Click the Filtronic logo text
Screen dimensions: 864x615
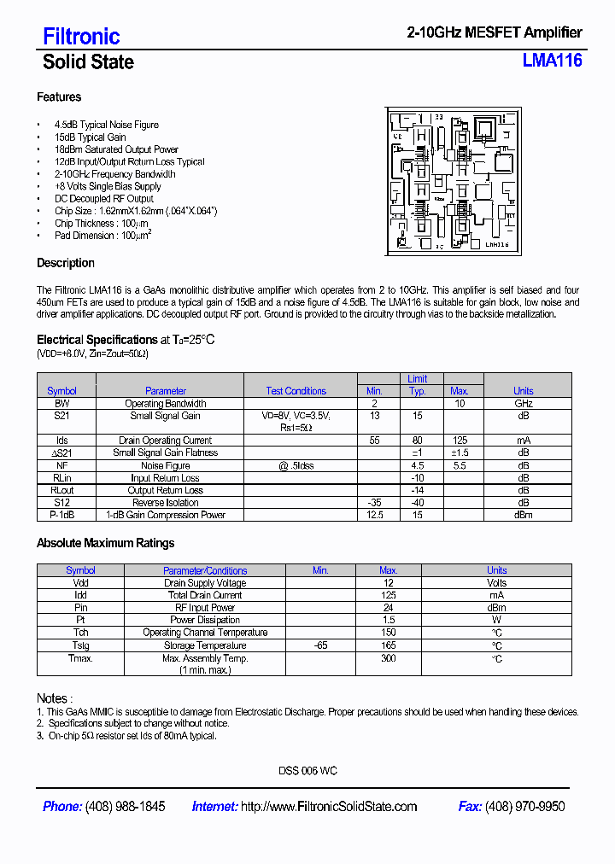tap(81, 36)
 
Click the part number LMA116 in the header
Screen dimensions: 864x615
tap(552, 61)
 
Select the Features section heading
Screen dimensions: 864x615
tap(59, 97)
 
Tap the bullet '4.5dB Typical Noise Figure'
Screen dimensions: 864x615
tap(106, 125)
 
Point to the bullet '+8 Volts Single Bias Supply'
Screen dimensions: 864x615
tap(108, 186)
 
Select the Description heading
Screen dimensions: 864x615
tap(66, 263)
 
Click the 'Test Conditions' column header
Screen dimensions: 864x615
tap(296, 391)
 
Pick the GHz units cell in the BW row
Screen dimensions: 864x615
tap(523, 404)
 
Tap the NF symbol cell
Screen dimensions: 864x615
tap(61, 466)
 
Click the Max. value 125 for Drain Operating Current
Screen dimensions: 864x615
tap(460, 441)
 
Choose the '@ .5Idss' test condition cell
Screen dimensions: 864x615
tap(296, 466)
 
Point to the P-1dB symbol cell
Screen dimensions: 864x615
tap(61, 515)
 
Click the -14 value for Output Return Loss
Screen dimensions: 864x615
tap(417, 491)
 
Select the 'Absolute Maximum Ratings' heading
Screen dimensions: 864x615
tap(105, 543)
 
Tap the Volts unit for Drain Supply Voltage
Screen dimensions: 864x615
tap(496, 583)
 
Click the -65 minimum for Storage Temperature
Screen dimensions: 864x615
tap(320, 645)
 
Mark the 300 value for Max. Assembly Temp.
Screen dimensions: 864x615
tap(388, 658)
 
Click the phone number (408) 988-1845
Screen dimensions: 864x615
tap(126, 807)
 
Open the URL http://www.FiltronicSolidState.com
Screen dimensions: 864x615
tap(329, 807)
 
